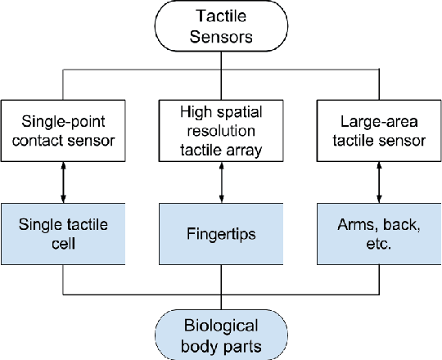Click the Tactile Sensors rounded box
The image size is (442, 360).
pos(220,26)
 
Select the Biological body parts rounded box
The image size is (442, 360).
pos(220,335)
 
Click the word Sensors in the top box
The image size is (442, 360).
pos(220,37)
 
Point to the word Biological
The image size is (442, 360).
pos(220,326)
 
